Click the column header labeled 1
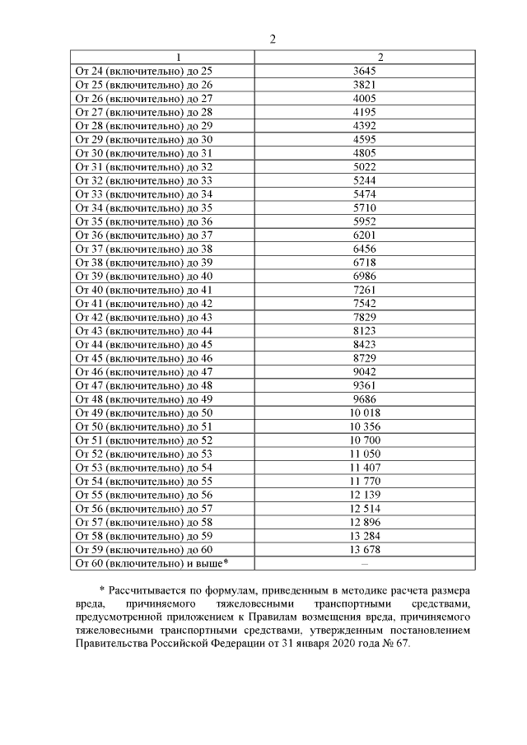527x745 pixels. [x=162, y=57]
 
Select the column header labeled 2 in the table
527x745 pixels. [x=364, y=57]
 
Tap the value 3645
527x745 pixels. [x=364, y=71]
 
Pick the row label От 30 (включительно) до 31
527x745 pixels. [x=143, y=152]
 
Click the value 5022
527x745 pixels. [x=364, y=166]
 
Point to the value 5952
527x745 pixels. [x=364, y=221]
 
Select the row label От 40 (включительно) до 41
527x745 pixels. [x=143, y=290]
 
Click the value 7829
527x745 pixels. [x=364, y=317]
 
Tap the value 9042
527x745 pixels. [x=364, y=372]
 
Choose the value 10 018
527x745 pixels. [x=364, y=412]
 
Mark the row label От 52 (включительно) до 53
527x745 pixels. [x=143, y=454]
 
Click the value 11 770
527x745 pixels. [x=364, y=481]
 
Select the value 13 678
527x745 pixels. [x=364, y=549]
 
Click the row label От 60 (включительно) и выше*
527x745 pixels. [x=152, y=563]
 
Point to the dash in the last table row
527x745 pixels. [x=364, y=563]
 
